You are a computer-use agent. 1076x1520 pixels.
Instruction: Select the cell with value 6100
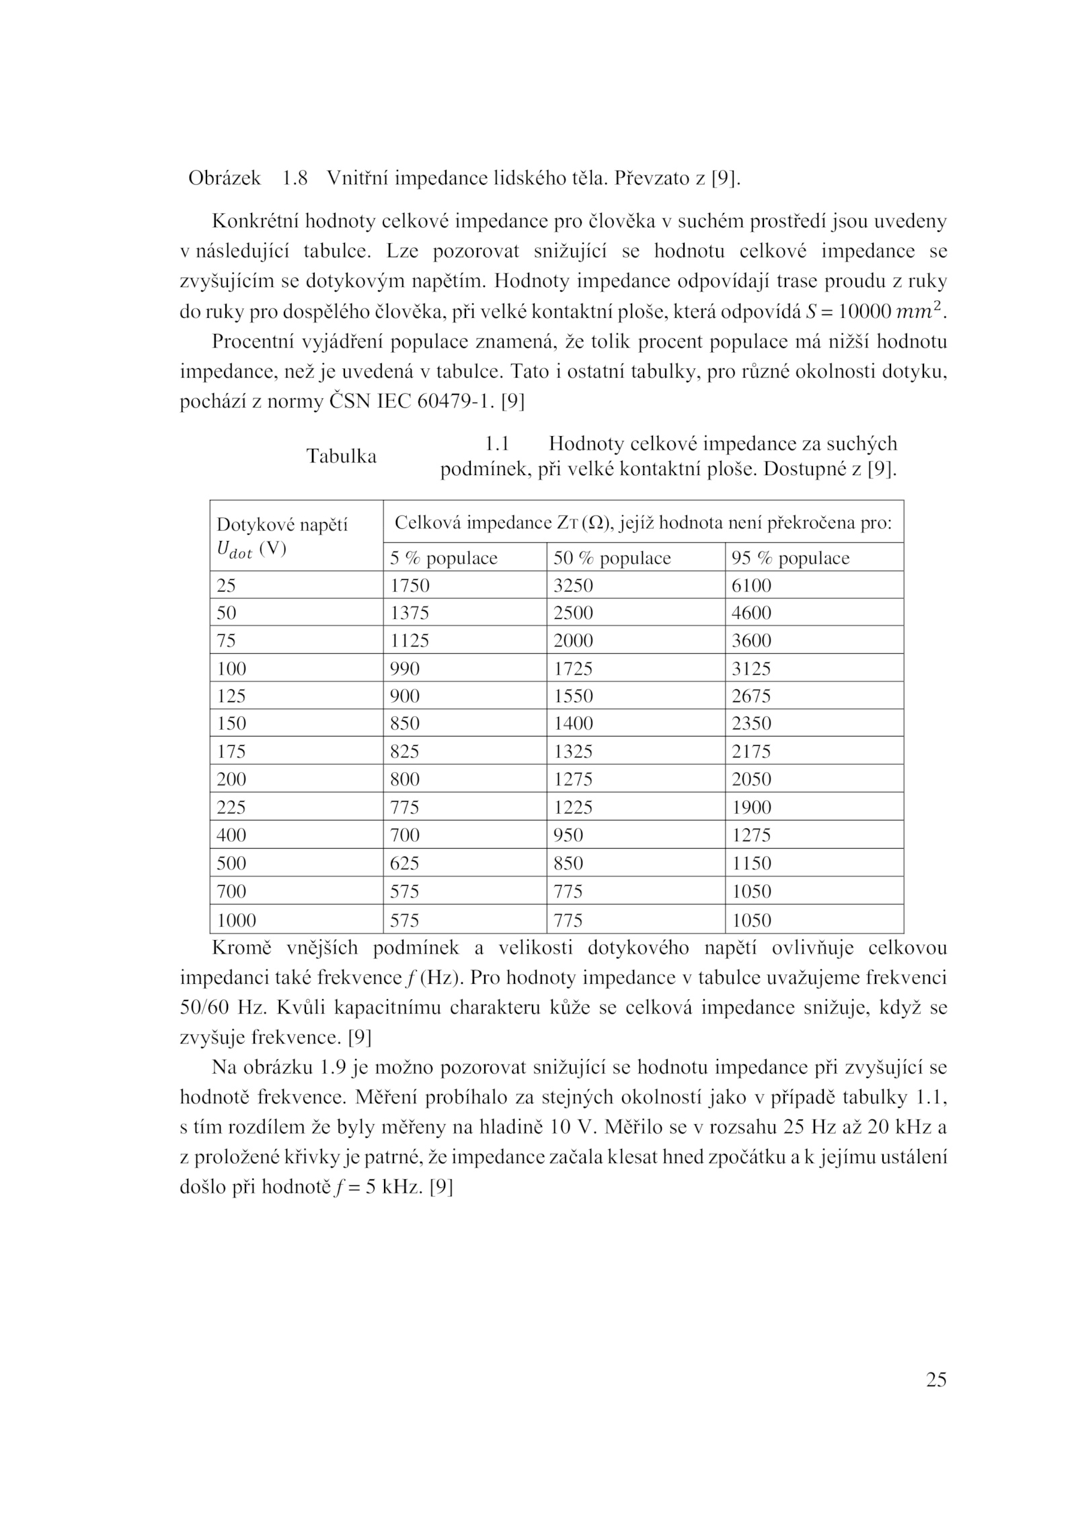click(x=751, y=585)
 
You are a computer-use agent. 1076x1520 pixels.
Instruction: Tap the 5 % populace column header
click(x=444, y=558)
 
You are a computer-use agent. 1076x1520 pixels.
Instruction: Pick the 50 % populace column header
click(x=612, y=558)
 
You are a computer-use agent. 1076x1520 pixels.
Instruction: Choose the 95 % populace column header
click(x=790, y=558)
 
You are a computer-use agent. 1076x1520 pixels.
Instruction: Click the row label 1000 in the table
click(x=236, y=920)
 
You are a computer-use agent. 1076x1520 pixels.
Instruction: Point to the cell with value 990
click(x=405, y=669)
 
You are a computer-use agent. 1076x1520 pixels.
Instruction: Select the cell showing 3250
click(x=573, y=585)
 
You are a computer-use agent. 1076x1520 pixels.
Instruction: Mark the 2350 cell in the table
click(x=751, y=724)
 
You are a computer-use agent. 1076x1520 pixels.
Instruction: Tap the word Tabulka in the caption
click(x=342, y=456)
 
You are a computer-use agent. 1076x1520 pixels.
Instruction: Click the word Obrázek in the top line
click(x=225, y=178)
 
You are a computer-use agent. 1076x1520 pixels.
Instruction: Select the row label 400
click(x=231, y=835)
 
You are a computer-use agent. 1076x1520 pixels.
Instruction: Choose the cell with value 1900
click(x=751, y=807)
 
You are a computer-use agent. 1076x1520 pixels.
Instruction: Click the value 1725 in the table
click(x=573, y=669)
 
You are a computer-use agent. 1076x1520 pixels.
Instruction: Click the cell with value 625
click(x=405, y=863)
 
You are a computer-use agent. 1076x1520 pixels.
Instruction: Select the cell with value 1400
click(x=573, y=724)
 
